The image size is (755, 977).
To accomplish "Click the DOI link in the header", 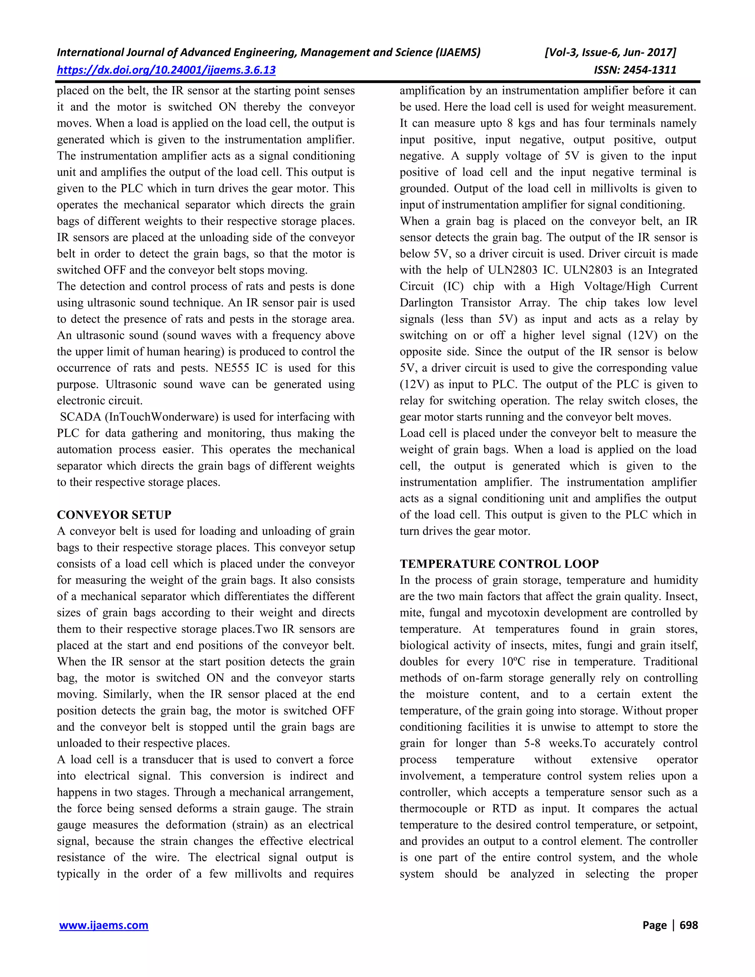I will tap(166, 70).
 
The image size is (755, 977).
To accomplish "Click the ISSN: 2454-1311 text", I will tap(635, 70).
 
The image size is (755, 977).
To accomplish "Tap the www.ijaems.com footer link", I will tap(104, 925).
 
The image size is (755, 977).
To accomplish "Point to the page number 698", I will tap(688, 925).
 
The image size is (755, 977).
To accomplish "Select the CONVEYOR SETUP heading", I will tap(114, 515).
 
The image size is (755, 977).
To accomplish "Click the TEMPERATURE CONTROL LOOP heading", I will tap(499, 564).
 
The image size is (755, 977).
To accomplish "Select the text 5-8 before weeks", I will tap(532, 744).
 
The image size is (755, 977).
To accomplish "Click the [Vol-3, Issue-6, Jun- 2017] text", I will tap(610, 52).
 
